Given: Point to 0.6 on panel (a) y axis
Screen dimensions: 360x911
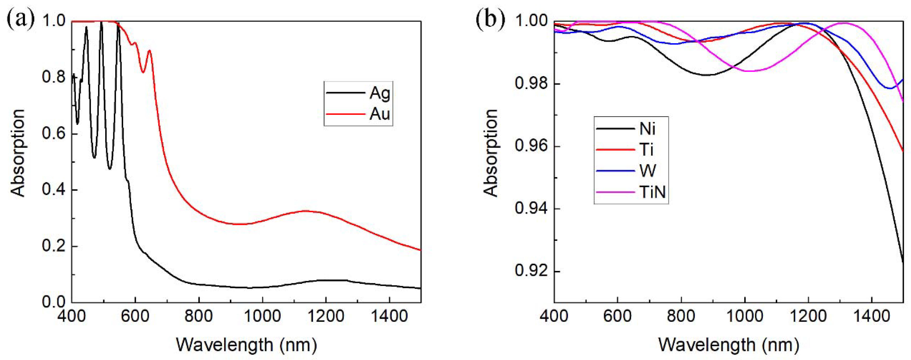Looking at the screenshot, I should coord(53,134).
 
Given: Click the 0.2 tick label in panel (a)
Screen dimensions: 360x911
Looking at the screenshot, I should coord(53,247).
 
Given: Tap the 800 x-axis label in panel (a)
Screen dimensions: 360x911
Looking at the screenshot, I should coord(199,316).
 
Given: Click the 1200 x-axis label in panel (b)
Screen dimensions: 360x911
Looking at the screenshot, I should coord(808,316).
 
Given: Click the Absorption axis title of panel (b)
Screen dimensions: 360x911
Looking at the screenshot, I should coord(491,153).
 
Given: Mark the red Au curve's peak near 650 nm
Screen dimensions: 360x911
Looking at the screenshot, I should coord(149,51).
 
